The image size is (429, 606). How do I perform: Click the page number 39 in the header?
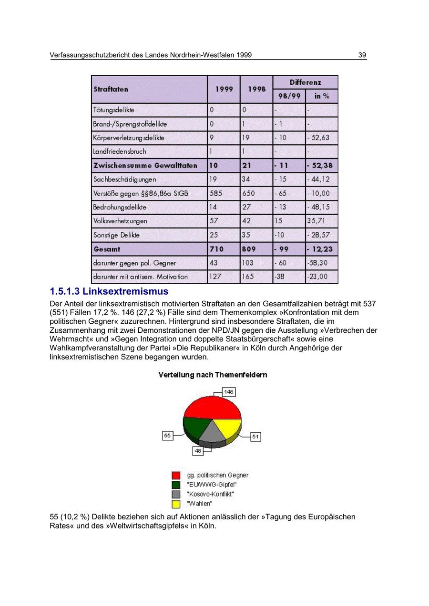(362, 55)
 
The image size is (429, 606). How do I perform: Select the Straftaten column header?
(111, 89)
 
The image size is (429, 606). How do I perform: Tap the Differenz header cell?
(305, 82)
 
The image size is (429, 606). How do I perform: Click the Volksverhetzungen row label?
(121, 221)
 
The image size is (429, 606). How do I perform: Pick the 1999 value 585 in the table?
(216, 193)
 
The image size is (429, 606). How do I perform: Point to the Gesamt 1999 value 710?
(216, 249)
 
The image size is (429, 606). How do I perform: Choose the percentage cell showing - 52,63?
(318, 138)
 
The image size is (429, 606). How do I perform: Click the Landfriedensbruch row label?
(120, 151)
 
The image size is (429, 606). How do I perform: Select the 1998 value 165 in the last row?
(248, 277)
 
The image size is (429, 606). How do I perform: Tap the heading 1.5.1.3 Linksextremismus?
(109, 291)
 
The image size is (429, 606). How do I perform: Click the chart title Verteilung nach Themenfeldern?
(213, 375)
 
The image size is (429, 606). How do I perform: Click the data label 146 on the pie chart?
(229, 392)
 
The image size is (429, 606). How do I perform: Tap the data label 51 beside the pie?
(255, 437)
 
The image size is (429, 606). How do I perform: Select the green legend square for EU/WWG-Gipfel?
(176, 485)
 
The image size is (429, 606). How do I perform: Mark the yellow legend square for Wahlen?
(176, 504)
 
